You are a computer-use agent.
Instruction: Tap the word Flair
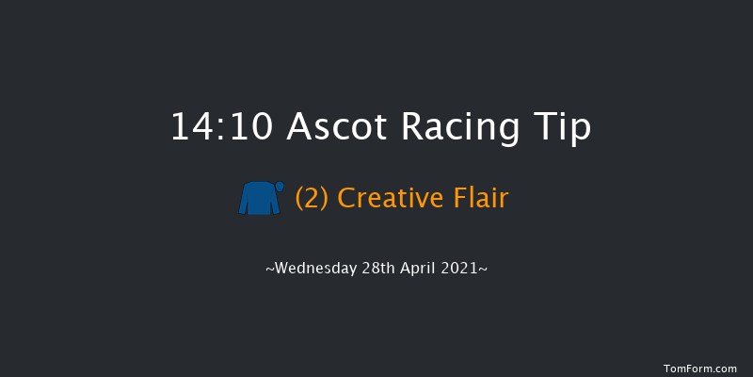[x=480, y=199]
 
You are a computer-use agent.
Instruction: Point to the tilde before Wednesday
[x=270, y=270]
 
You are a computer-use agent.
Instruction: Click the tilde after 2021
[x=484, y=270]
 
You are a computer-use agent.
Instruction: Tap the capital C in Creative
[x=346, y=199]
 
